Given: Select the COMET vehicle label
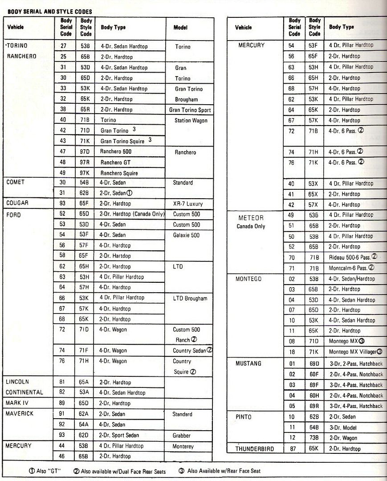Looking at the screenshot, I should click(x=16, y=182).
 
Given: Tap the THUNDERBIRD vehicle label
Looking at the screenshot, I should click(x=255, y=448).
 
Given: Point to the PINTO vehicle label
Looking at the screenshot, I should click(x=244, y=417).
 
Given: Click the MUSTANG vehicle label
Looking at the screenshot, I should click(x=248, y=363).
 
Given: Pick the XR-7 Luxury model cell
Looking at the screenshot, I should click(x=188, y=204).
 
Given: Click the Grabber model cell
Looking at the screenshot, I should click(x=183, y=435).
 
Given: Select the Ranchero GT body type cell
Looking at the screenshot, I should click(x=116, y=163).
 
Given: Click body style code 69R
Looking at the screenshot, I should click(x=314, y=406).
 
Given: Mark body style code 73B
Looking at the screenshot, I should click(x=314, y=438).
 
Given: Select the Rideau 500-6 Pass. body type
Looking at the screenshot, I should click(x=350, y=257).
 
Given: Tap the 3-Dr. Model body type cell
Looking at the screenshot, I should click(x=343, y=428).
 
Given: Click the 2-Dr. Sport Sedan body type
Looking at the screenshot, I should click(x=119, y=435).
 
